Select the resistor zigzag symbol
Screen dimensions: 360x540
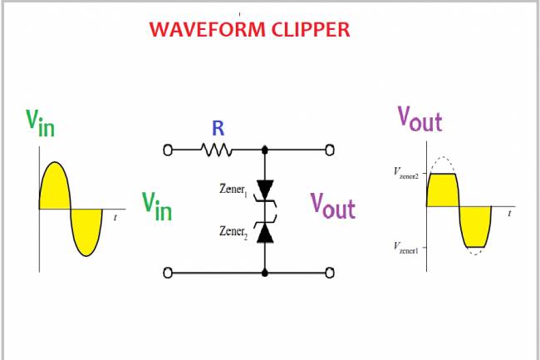click(x=216, y=150)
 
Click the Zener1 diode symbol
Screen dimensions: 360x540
click(x=265, y=190)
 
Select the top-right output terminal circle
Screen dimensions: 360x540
click(x=330, y=150)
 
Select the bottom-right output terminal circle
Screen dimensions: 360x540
click(x=330, y=272)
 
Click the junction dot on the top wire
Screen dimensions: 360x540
click(x=265, y=150)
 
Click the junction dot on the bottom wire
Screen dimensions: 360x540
click(x=265, y=272)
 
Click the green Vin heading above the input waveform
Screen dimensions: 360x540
click(x=40, y=121)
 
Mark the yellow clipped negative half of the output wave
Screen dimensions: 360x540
click(x=475, y=224)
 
